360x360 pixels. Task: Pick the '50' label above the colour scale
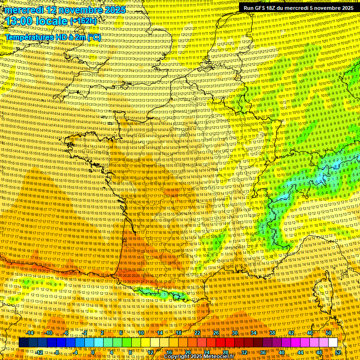click(328, 333)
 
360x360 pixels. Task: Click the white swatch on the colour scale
click(333, 343)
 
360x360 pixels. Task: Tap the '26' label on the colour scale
click(216, 333)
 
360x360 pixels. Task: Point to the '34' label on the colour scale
click(254, 333)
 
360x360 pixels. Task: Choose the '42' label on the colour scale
click(291, 333)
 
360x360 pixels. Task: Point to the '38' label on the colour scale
click(272, 333)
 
